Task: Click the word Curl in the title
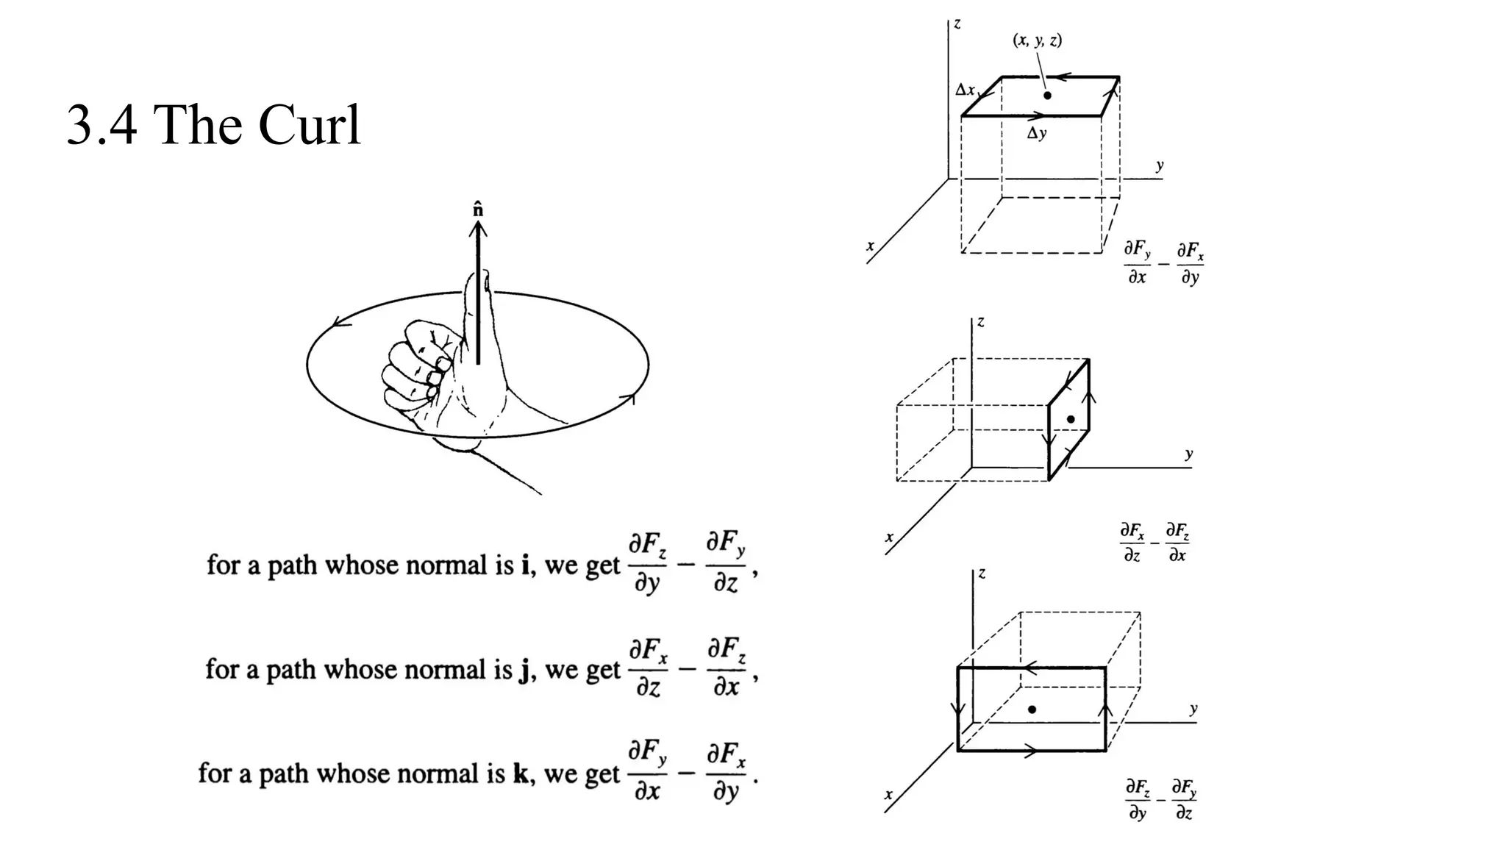[309, 124]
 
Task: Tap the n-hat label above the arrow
[479, 209]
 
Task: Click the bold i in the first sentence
[525, 565]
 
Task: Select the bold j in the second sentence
[524, 671]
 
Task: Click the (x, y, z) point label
[1037, 40]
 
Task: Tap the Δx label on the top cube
[965, 90]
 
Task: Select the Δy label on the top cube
[1037, 134]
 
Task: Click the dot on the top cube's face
[1047, 95]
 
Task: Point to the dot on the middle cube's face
[1071, 419]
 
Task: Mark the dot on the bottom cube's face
[1032, 710]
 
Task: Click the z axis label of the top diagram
[957, 24]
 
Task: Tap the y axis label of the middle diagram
[1189, 454]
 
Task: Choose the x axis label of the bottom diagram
[888, 795]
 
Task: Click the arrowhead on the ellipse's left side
[338, 322]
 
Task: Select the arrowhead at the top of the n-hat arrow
[479, 228]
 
